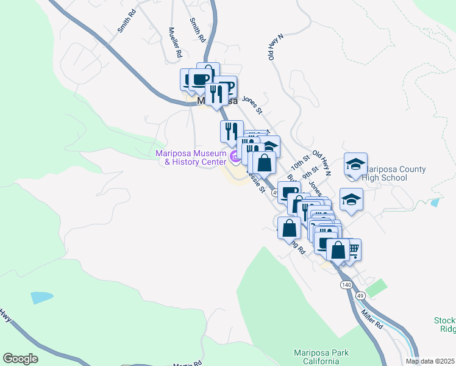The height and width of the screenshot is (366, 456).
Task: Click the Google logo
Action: point(20,359)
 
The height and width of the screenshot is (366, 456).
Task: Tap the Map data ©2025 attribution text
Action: point(430,361)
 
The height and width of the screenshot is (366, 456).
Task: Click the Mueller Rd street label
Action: point(176,43)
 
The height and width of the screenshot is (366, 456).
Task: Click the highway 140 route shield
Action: point(346,285)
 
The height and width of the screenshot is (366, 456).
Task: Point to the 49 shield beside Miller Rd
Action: point(360,295)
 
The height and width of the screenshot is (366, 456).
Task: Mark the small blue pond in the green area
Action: point(41,298)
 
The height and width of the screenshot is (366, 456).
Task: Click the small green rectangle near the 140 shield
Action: point(377,287)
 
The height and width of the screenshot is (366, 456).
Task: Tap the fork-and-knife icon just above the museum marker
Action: point(231,131)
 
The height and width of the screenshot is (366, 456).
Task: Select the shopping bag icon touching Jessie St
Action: point(263,163)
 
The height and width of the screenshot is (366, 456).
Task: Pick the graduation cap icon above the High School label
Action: point(355,164)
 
